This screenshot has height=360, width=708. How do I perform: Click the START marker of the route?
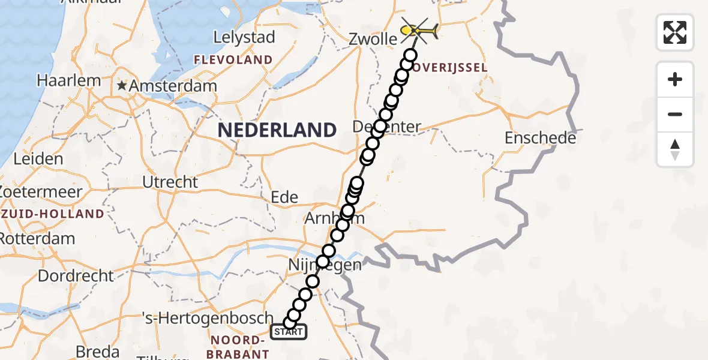click(289, 332)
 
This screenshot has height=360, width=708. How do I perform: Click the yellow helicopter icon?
click(419, 29)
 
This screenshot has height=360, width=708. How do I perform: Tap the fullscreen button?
click(675, 32)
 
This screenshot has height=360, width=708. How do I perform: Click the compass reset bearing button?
click(675, 149)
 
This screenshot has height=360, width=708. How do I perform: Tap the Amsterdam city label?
click(173, 86)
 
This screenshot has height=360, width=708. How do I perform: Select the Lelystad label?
click(244, 37)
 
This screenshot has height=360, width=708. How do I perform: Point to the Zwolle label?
click(373, 40)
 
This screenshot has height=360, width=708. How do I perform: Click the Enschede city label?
click(540, 138)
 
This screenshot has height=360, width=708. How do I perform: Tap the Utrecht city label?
click(170, 181)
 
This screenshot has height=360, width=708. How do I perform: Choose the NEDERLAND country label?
click(277, 130)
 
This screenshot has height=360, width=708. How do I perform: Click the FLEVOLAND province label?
click(233, 60)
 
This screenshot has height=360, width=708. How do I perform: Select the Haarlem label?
click(60, 80)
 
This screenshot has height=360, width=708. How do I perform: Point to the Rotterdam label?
click(37, 238)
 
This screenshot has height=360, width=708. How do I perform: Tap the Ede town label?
click(284, 197)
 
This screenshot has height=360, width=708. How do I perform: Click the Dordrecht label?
click(75, 276)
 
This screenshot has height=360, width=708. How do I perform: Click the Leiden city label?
click(37, 159)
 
